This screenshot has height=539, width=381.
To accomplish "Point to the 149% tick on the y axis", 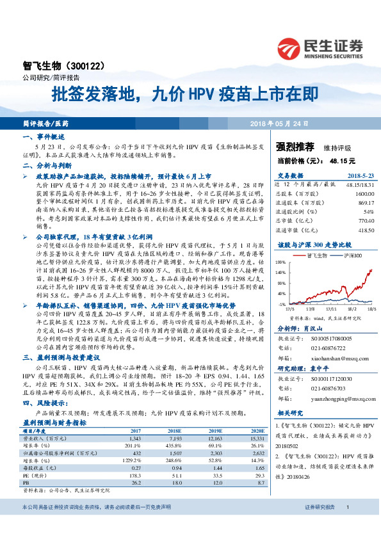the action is click(x=282, y=263).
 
